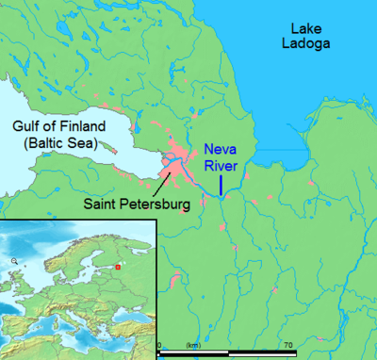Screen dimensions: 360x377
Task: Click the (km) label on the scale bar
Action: click(x=194, y=346)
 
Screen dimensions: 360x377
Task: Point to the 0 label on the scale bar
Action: click(x=158, y=346)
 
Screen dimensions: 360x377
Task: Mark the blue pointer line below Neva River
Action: click(x=221, y=185)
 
